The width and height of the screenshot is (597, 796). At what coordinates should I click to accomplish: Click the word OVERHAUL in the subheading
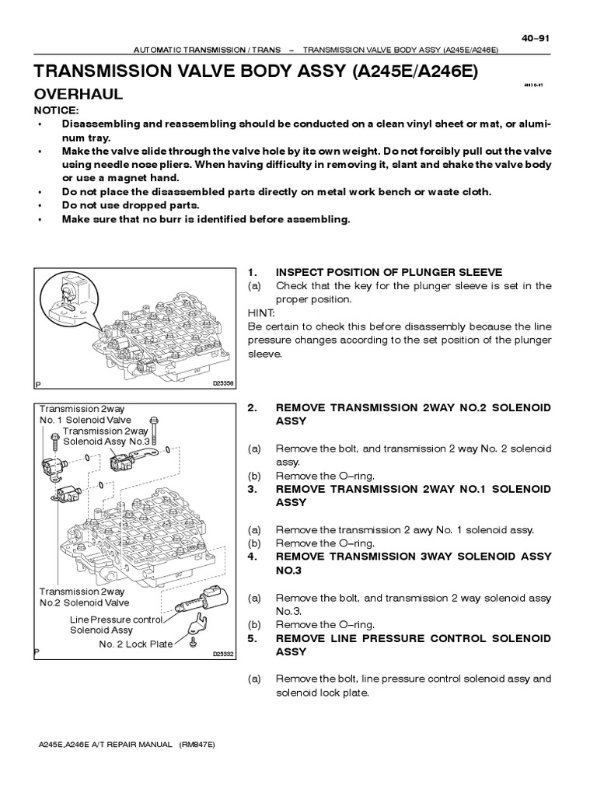coord(77,94)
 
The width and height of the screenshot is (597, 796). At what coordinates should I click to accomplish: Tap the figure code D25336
coord(223,383)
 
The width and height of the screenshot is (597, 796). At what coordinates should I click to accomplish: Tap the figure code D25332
coord(223,655)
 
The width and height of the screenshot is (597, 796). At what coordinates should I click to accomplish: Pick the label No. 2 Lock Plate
coord(135,644)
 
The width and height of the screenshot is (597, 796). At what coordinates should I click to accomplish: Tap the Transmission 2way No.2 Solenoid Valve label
coord(84,596)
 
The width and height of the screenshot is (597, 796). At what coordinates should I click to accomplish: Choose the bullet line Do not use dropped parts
coord(130,205)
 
